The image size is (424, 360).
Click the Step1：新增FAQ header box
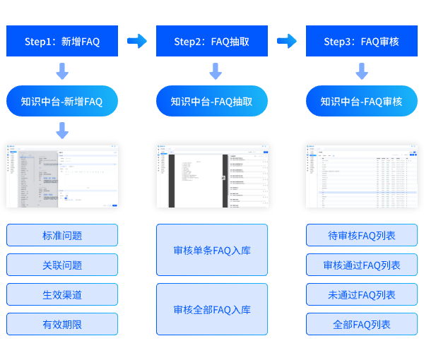tap(62, 42)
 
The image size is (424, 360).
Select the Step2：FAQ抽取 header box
tap(212, 42)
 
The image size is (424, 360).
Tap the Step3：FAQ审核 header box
tap(362, 42)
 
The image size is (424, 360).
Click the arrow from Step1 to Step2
tap(137, 41)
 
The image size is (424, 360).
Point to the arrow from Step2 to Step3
tap(287, 41)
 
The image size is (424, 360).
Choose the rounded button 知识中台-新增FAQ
tap(62, 102)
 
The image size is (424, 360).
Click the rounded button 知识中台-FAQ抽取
tap(212, 102)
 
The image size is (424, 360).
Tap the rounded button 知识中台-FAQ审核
tap(362, 102)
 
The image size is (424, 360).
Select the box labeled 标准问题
tap(62, 236)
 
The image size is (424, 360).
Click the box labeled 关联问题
tap(62, 265)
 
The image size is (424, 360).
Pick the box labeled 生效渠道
tap(62, 295)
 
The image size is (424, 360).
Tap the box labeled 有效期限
tap(62, 325)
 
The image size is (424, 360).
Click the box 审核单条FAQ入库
tap(212, 251)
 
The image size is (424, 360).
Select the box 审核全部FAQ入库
tap(212, 309)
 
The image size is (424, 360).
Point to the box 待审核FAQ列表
tap(362, 236)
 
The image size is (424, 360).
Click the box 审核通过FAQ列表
tap(362, 265)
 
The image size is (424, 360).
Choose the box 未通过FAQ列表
tap(362, 295)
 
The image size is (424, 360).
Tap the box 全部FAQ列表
tap(362, 325)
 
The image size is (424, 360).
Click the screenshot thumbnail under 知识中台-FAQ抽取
tap(212, 176)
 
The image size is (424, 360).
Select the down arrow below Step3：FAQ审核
tap(362, 71)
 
